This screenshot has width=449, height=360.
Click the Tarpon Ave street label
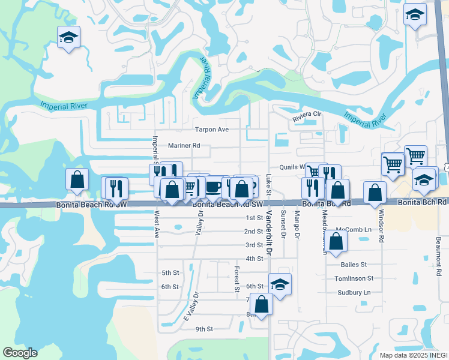click(212, 129)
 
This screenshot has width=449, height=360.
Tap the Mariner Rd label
click(184, 145)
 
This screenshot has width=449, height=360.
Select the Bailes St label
click(353, 264)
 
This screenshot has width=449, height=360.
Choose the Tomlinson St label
click(354, 278)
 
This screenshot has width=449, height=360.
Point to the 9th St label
click(204, 329)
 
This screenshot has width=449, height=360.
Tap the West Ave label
click(157, 223)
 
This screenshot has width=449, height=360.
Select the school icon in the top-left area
click(68, 38)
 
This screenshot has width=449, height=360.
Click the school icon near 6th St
click(279, 284)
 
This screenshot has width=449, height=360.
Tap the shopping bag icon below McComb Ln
click(337, 241)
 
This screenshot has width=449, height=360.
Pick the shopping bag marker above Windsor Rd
click(375, 193)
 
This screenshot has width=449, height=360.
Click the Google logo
click(20, 352)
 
